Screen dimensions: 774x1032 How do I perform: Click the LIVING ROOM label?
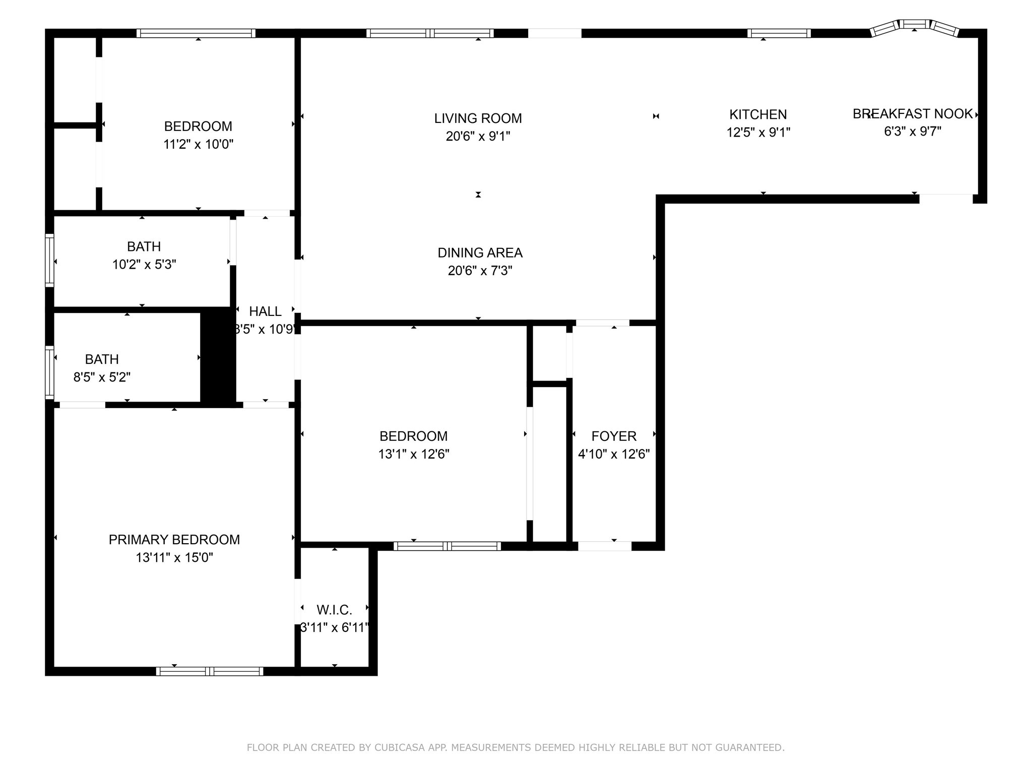478,118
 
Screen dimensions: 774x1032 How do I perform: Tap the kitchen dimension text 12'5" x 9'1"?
758,133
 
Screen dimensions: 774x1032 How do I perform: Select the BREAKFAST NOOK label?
913,114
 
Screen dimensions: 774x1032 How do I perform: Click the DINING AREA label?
480,253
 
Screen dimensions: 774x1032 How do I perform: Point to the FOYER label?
614,436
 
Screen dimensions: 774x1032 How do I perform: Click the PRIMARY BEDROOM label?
174,540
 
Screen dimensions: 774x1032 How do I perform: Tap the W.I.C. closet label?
334,610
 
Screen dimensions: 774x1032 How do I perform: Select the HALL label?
265,311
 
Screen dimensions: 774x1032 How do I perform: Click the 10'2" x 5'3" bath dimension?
144,265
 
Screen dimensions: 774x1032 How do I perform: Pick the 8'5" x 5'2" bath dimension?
102,377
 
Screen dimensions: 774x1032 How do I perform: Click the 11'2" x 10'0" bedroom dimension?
198,145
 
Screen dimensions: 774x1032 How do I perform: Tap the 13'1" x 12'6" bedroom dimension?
414,455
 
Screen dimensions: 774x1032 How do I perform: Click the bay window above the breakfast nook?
915,25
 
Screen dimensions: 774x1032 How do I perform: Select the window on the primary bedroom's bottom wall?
210,671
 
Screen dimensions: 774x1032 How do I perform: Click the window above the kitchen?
779,33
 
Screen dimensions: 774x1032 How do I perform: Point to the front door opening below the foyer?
604,546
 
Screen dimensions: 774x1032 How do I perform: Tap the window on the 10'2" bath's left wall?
49,261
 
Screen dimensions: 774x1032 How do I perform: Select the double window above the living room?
430,33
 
